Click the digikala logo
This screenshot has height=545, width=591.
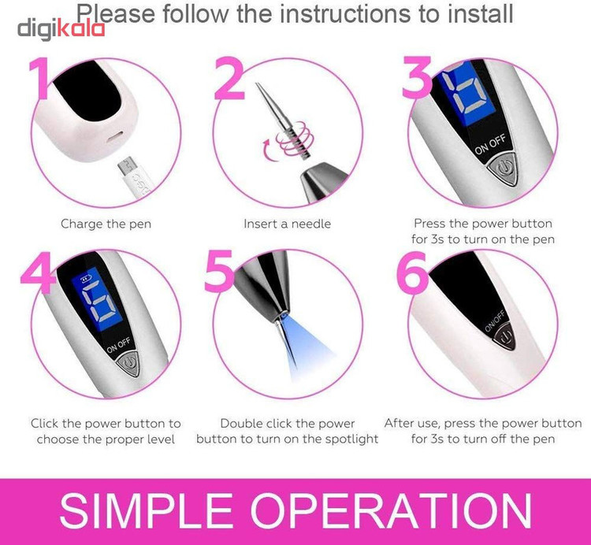pos(61,29)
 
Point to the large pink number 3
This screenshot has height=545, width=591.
pos(416,77)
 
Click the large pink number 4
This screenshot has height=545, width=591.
pos(38,272)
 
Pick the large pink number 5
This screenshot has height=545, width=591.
pos(219,271)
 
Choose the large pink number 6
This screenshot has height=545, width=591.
pos(413,272)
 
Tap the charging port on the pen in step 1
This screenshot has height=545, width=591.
pos(116,138)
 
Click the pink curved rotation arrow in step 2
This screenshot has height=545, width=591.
pos(269,150)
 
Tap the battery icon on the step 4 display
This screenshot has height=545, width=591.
pos(86,279)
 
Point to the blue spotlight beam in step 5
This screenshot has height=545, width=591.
pos(305,348)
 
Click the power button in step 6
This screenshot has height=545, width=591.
pos(505,336)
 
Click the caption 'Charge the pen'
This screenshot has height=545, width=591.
pos(106,224)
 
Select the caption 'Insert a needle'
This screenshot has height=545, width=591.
pos(287,224)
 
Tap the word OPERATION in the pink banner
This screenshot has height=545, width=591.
pos(391,510)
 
